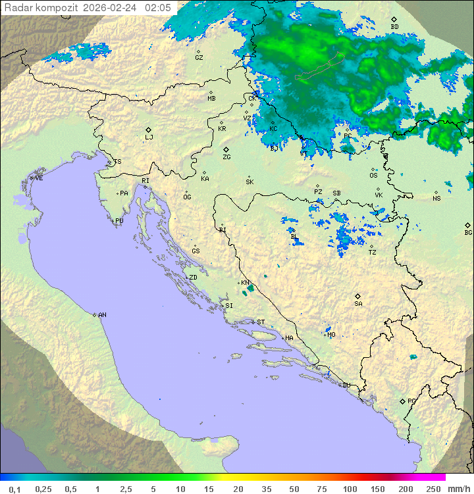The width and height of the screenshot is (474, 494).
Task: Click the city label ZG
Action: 226,158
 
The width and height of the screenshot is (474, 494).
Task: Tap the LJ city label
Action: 149,137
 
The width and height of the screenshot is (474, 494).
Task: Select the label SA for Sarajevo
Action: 358,304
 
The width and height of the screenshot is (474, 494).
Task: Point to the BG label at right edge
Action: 468,233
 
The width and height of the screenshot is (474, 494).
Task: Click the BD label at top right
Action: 394,27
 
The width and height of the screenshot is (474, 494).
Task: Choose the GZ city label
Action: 199,58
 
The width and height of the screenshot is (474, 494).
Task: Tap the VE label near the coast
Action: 39,178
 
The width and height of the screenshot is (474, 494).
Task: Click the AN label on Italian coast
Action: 102,315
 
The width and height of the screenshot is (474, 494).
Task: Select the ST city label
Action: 261,322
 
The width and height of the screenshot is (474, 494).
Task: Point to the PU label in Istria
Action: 119,221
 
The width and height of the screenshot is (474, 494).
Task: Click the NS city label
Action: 436,199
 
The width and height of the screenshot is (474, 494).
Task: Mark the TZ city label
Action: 372,253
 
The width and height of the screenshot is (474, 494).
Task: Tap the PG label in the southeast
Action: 411,401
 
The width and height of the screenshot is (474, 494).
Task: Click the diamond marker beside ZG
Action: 226,149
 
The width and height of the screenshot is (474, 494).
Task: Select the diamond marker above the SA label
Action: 357,296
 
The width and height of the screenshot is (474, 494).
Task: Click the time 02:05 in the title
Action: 158,7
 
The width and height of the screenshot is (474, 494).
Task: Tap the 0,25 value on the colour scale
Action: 43,489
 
